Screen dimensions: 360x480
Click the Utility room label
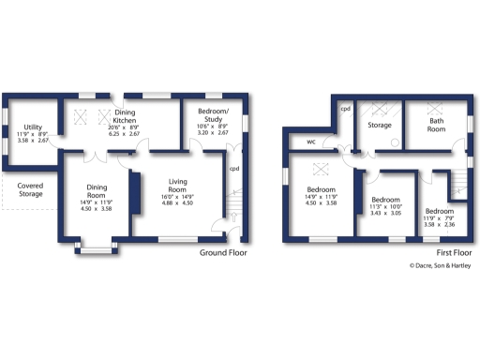click(x=31, y=127)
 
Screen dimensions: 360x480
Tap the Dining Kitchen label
click(x=126, y=116)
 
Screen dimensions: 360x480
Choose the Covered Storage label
click(x=30, y=190)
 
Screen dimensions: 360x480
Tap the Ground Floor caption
click(x=223, y=253)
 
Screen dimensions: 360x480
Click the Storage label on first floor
click(x=379, y=125)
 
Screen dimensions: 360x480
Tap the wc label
click(x=310, y=142)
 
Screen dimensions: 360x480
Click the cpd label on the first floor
click(x=345, y=109)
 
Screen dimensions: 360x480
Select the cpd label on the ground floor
click(x=233, y=170)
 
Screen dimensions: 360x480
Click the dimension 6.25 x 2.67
click(x=125, y=134)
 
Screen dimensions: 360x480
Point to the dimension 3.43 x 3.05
click(x=385, y=215)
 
